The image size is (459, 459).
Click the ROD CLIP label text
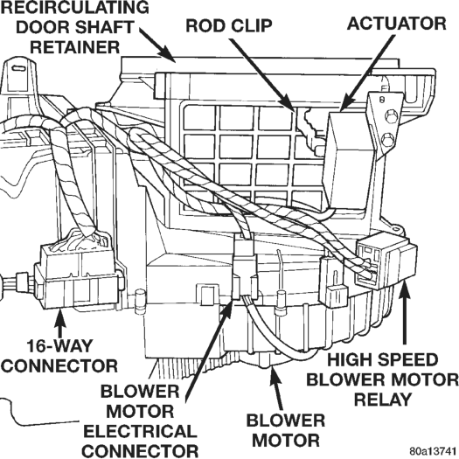click(x=229, y=25)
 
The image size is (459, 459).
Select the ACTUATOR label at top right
click(x=397, y=24)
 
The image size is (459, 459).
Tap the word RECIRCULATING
click(x=75, y=7)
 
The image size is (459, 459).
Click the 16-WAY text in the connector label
click(x=59, y=346)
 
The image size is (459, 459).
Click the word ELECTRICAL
click(x=140, y=431)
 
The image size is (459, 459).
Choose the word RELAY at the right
click(x=383, y=400)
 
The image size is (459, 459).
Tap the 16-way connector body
click(x=79, y=276)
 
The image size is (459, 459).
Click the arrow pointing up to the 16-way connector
click(x=60, y=323)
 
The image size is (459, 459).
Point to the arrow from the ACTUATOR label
click(x=367, y=73)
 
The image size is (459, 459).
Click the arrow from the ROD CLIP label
click(x=261, y=75)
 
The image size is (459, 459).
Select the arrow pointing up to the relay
click(x=404, y=312)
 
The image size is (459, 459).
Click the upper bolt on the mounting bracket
click(x=388, y=117)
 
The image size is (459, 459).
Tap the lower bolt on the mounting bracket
click(x=388, y=138)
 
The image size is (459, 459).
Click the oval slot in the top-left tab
click(x=18, y=68)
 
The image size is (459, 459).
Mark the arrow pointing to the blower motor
click(x=276, y=387)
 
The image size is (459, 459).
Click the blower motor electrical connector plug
click(x=245, y=267)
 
